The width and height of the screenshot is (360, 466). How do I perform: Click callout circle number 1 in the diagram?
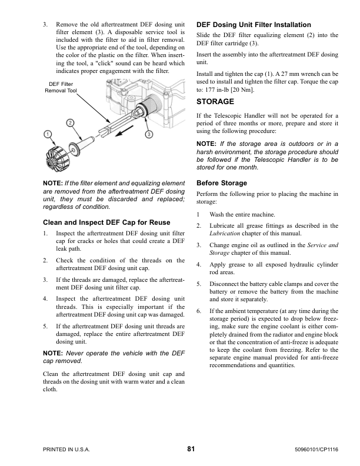point(46,134)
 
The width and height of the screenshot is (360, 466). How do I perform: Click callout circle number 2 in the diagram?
point(70,122)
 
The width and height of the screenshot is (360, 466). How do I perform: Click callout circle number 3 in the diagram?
point(149,134)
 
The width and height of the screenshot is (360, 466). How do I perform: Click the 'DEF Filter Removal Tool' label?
point(61,88)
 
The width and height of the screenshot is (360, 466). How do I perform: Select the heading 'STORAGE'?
point(215,102)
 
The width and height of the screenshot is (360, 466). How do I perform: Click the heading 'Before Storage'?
point(221,183)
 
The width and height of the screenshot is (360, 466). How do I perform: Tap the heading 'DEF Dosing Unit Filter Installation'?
point(253,25)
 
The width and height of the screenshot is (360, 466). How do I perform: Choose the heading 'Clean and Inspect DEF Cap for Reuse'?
point(106,222)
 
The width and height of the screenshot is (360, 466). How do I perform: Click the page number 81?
point(191,450)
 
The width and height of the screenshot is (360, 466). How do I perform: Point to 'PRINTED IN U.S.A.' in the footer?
point(66,450)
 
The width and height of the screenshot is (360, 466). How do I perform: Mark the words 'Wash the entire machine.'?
point(242,215)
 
